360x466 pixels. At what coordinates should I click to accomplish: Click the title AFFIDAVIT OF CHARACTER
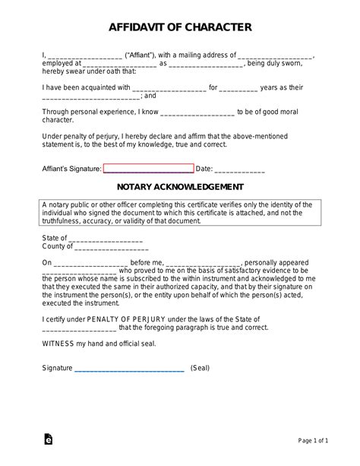tap(180, 28)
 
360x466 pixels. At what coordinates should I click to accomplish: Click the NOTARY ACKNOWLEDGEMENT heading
tap(180, 186)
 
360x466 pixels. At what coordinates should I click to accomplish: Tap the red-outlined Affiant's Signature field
tap(148, 169)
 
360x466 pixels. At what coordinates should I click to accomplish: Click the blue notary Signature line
tap(129, 368)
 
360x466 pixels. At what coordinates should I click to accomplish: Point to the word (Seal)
tap(200, 368)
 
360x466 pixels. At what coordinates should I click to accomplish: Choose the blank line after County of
tap(109, 246)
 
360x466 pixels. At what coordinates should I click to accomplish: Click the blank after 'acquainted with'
tap(174, 88)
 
